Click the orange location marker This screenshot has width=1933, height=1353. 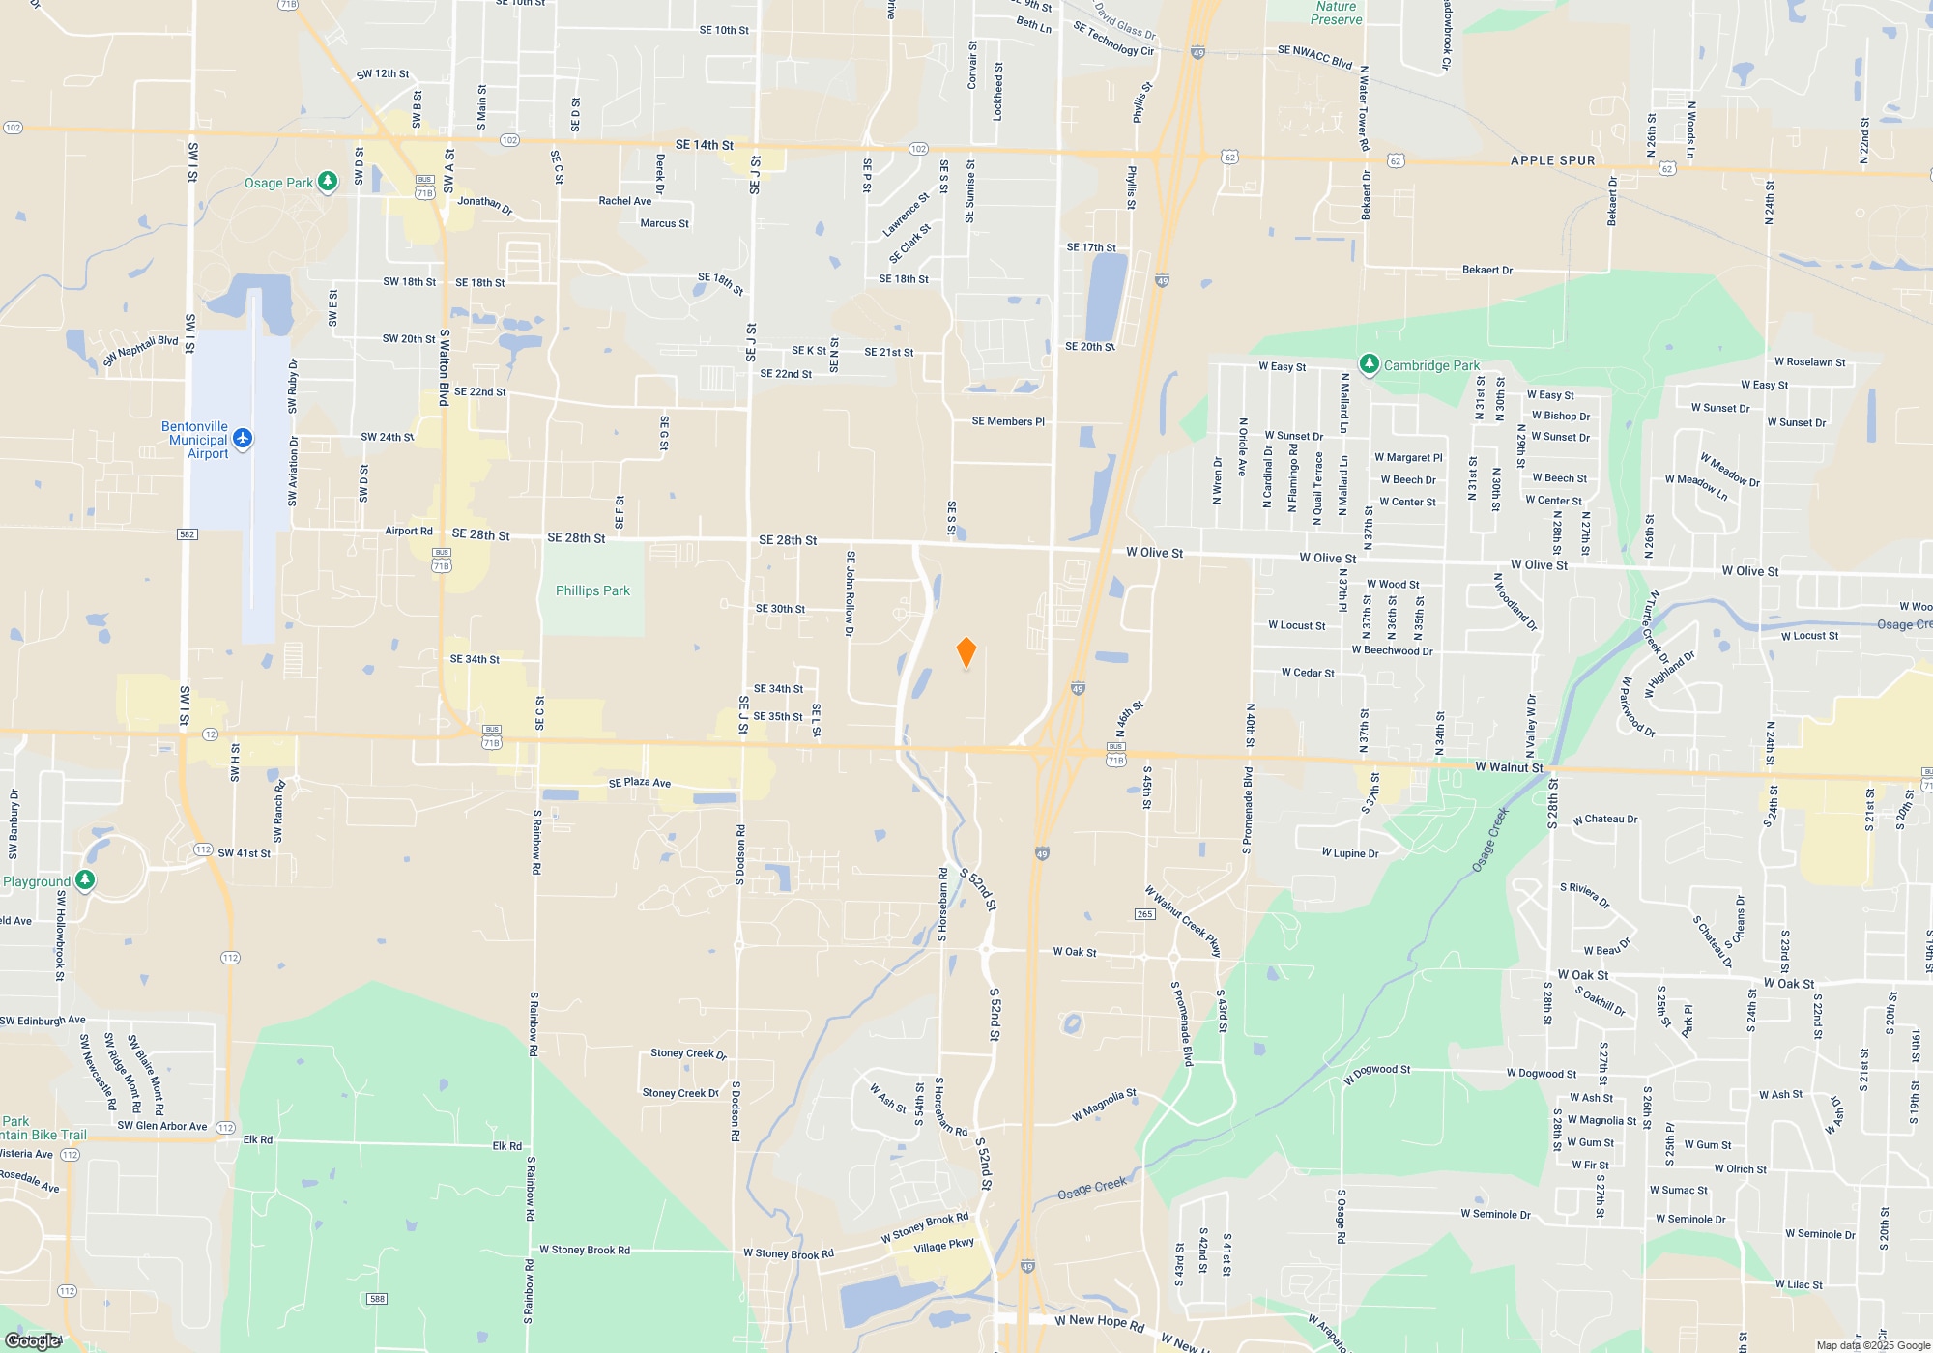(x=966, y=652)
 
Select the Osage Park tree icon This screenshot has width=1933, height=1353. (x=328, y=182)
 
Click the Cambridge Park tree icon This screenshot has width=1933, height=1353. (x=1369, y=364)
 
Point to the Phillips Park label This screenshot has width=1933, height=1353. (x=592, y=590)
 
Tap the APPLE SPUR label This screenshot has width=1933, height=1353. (x=1552, y=160)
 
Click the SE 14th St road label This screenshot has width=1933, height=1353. (x=704, y=145)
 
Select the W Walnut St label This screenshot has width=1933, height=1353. (x=1509, y=767)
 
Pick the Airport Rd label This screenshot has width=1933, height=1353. (x=409, y=531)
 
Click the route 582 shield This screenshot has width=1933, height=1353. (x=188, y=534)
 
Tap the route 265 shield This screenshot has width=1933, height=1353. (x=1145, y=914)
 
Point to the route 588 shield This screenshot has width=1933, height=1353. (x=378, y=1299)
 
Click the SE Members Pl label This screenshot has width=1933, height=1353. (x=1008, y=421)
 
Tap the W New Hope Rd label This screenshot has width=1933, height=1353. (x=1099, y=1322)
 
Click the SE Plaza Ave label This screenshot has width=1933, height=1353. (x=639, y=783)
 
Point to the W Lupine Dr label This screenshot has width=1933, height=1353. (x=1350, y=853)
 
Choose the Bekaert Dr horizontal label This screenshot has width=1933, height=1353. (x=1486, y=271)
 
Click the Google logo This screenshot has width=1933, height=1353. (x=33, y=1340)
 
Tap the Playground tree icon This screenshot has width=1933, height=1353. (x=85, y=880)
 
